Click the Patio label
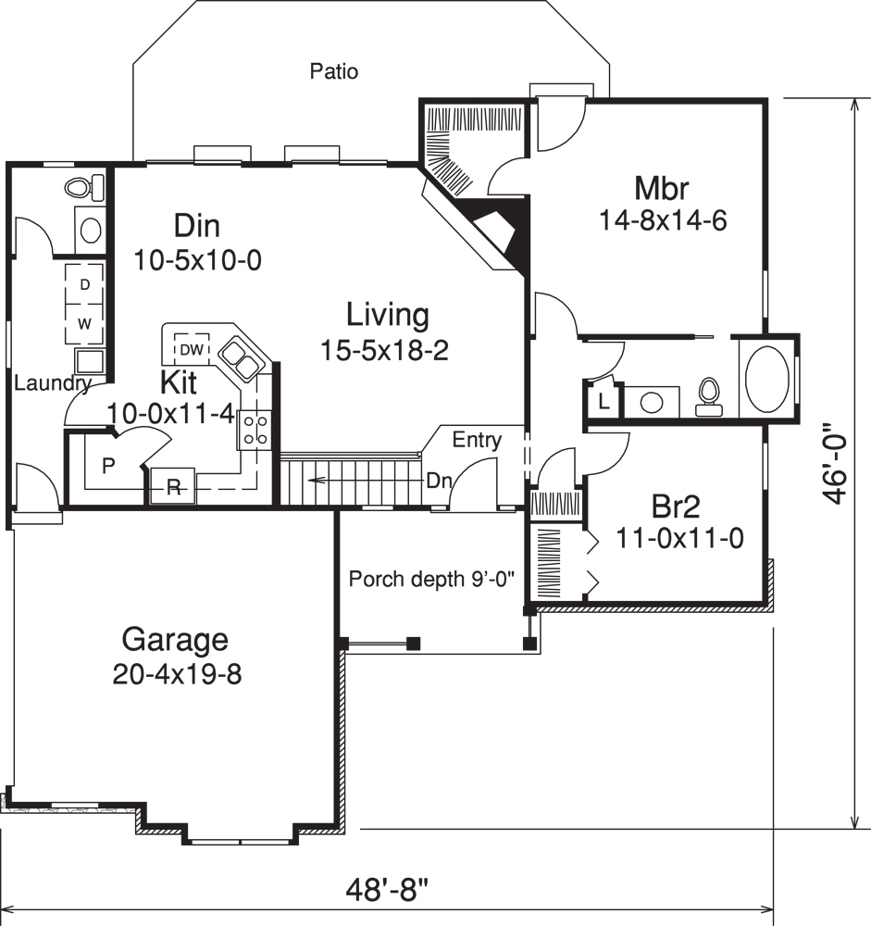point(334,71)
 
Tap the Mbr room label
point(661,188)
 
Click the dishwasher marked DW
point(192,349)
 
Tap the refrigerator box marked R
point(172,488)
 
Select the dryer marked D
point(84,285)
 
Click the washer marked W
point(84,323)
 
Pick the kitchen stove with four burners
point(255,430)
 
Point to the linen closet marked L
point(603,402)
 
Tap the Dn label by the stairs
point(438,481)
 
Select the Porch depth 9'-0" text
point(431,580)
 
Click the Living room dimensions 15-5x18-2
point(387,349)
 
